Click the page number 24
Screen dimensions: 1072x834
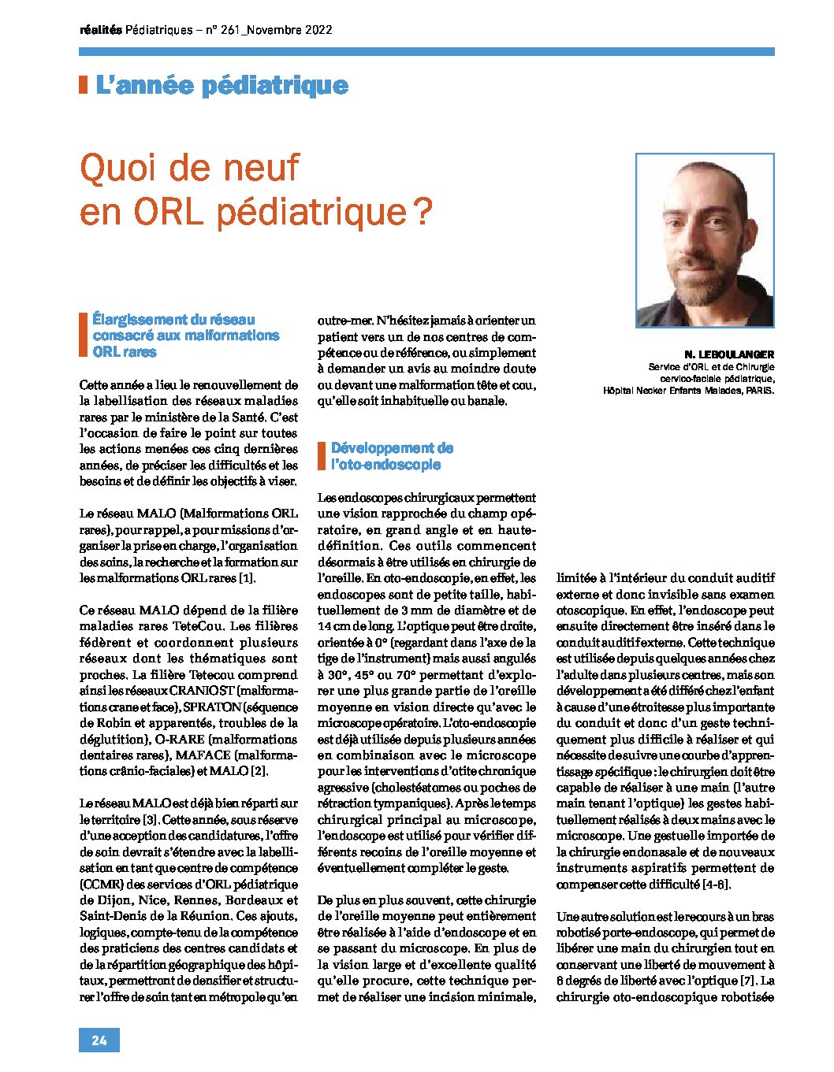[99, 1040]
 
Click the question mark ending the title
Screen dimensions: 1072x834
[423, 212]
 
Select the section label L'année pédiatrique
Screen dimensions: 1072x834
[222, 85]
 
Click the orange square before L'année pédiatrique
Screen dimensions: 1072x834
[83, 85]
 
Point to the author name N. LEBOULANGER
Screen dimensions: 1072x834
[729, 354]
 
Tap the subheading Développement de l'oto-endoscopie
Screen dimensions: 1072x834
[392, 456]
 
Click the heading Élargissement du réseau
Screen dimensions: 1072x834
[173, 320]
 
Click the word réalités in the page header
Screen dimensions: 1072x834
[101, 31]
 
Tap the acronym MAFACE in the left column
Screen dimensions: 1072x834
[203, 755]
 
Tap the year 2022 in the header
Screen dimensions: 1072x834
[317, 31]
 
